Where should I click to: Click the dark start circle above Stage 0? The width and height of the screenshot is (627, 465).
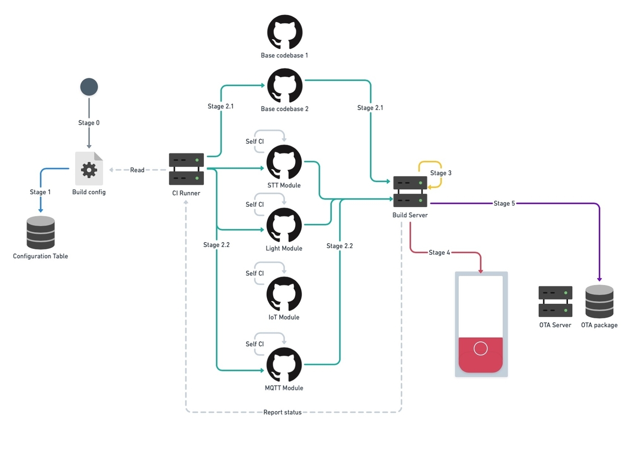click(89, 87)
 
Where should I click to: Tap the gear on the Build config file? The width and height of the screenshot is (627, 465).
click(89, 170)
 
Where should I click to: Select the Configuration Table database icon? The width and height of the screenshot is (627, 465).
click(40, 232)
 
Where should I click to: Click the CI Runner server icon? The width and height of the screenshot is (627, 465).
click(186, 169)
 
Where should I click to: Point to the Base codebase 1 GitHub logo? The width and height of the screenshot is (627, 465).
click(284, 32)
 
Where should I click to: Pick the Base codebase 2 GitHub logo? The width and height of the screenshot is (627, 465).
click(284, 86)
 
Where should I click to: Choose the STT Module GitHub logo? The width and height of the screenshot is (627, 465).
click(284, 162)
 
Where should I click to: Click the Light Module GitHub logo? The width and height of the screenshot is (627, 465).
click(284, 225)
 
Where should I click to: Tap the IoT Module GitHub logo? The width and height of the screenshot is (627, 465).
click(284, 294)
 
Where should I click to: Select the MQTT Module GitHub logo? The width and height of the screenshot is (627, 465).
click(284, 365)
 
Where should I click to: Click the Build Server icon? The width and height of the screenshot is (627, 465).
click(410, 192)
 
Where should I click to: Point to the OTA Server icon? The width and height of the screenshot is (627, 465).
click(555, 301)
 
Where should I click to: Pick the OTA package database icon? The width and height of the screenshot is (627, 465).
click(599, 301)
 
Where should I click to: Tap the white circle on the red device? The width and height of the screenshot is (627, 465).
click(480, 348)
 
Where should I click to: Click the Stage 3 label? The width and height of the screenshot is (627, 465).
click(440, 173)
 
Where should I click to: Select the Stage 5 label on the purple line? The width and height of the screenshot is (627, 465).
click(504, 204)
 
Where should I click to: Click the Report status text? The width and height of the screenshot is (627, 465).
click(282, 412)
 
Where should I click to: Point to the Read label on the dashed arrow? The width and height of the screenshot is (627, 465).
click(137, 170)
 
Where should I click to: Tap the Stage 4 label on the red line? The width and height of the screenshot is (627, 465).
click(439, 253)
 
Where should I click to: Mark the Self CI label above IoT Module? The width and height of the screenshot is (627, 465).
click(254, 273)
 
